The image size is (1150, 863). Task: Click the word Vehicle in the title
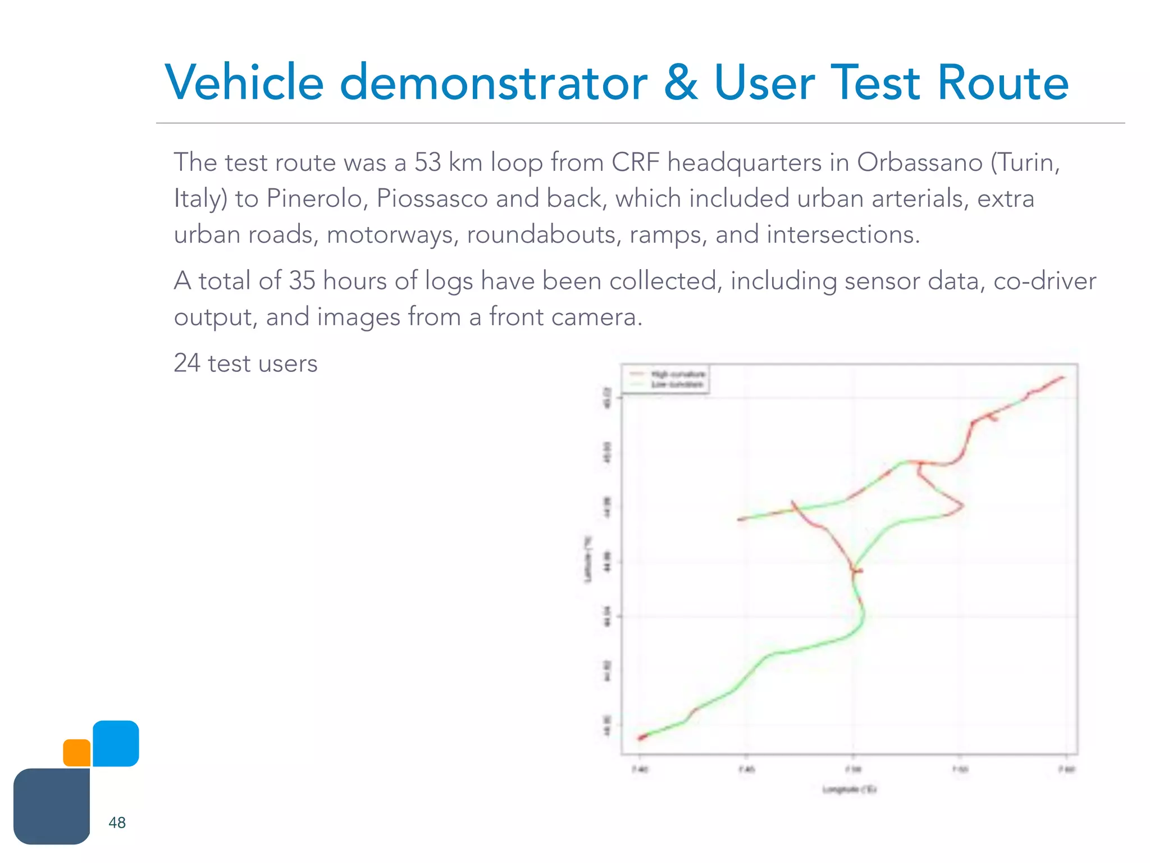point(244,83)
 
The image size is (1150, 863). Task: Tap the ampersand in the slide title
point(681,83)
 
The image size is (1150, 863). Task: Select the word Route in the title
point(1003,83)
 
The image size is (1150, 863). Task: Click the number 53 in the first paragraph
point(427,162)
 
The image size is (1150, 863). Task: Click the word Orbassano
point(919,162)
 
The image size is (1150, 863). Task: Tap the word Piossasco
point(432,198)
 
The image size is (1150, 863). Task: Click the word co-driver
point(1044,280)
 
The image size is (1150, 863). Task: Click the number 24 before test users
point(187,363)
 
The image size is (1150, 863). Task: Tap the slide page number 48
point(117,823)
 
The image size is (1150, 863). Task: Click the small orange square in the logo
point(77,752)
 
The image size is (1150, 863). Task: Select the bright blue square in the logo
point(116,743)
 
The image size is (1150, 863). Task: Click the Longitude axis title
point(850,789)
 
